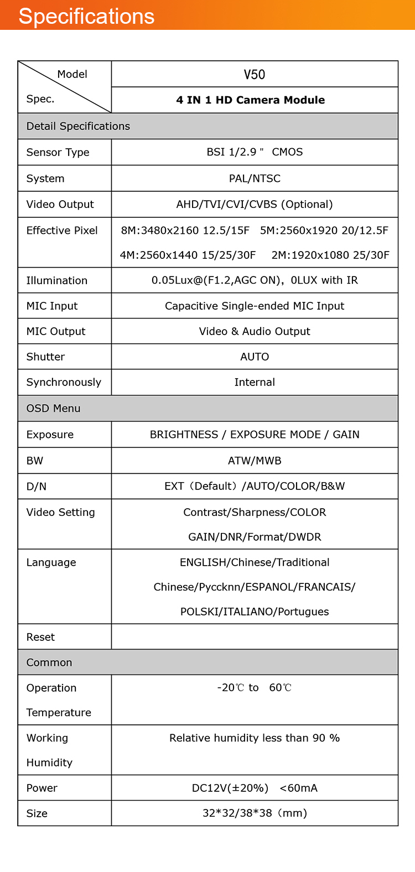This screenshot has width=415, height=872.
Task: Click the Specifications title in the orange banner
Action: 86,16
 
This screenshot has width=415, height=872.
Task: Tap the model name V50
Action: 255,75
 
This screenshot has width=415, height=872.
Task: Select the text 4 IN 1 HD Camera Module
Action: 250,100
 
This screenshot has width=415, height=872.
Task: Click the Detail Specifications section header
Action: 78,126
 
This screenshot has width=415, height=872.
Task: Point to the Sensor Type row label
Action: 58,152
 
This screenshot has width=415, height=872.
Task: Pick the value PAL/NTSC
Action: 255,179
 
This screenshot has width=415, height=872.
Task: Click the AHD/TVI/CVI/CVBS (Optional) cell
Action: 255,204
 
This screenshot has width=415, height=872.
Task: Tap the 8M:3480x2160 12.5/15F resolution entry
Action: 185,230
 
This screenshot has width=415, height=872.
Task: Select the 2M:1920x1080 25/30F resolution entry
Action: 330,255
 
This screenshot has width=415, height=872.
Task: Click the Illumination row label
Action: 56,280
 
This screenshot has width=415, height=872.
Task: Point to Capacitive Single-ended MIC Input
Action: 255,306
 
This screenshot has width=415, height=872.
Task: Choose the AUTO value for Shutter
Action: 255,357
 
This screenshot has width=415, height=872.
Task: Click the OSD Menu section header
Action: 53,408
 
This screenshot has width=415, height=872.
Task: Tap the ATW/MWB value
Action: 255,461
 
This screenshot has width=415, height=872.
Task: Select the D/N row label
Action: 37,487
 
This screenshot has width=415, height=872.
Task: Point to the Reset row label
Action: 40,637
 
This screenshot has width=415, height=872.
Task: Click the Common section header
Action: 49,662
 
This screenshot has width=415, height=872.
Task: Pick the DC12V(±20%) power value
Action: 230,788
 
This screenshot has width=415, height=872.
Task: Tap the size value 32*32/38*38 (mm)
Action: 255,813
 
